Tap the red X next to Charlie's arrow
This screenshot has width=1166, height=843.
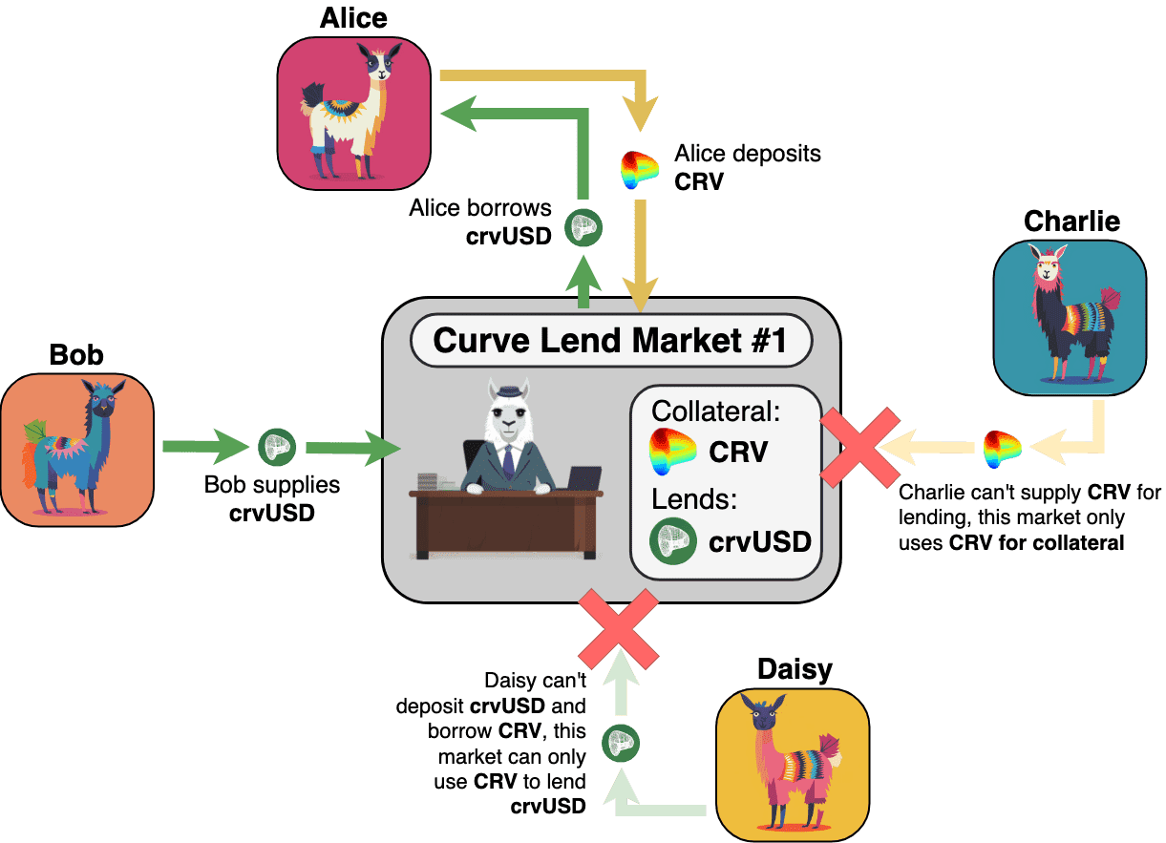pyautogui.click(x=861, y=445)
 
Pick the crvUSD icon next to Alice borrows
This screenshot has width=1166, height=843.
pyautogui.click(x=583, y=227)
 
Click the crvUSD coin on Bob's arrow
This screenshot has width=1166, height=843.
pyautogui.click(x=278, y=446)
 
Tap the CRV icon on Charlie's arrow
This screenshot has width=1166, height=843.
pyautogui.click(x=1002, y=446)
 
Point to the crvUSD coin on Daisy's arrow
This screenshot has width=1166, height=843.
pyautogui.click(x=622, y=740)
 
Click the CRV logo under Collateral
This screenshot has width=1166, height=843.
pyautogui.click(x=673, y=451)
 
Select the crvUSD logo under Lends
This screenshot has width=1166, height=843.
pyautogui.click(x=673, y=541)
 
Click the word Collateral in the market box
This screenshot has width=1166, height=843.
pyautogui.click(x=716, y=412)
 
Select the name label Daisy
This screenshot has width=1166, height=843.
pyautogui.click(x=795, y=669)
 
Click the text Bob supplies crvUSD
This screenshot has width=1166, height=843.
pyautogui.click(x=272, y=498)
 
